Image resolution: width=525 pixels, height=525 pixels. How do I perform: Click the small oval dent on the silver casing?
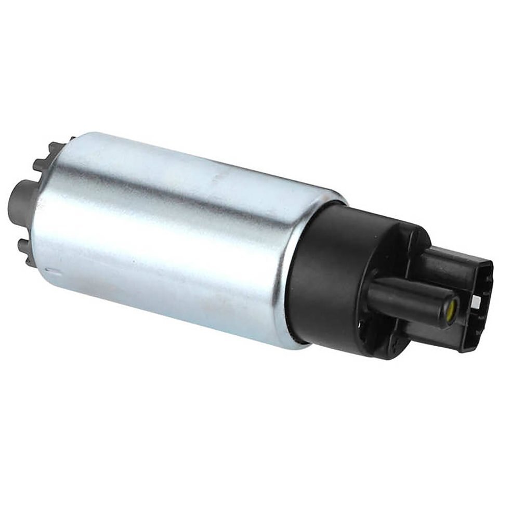pos(48,270)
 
